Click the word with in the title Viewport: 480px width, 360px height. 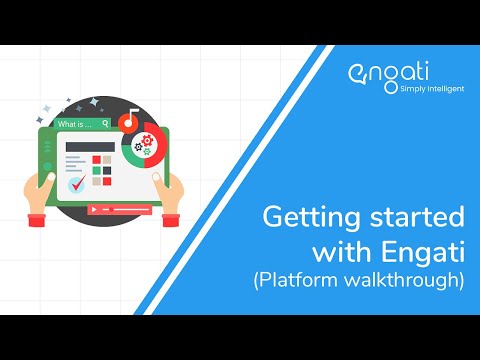340,250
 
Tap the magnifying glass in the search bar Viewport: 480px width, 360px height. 105,125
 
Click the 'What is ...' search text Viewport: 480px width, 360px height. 73,125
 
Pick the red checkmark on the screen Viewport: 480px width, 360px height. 74,185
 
